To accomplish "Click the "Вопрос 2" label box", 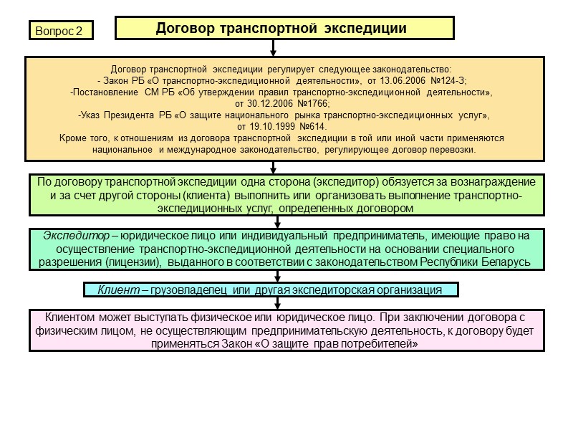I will click(x=60, y=31).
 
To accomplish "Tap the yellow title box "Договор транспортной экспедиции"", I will click(x=284, y=29).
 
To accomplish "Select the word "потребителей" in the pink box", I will click(x=383, y=344).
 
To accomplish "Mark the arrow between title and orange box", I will click(x=273, y=48).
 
